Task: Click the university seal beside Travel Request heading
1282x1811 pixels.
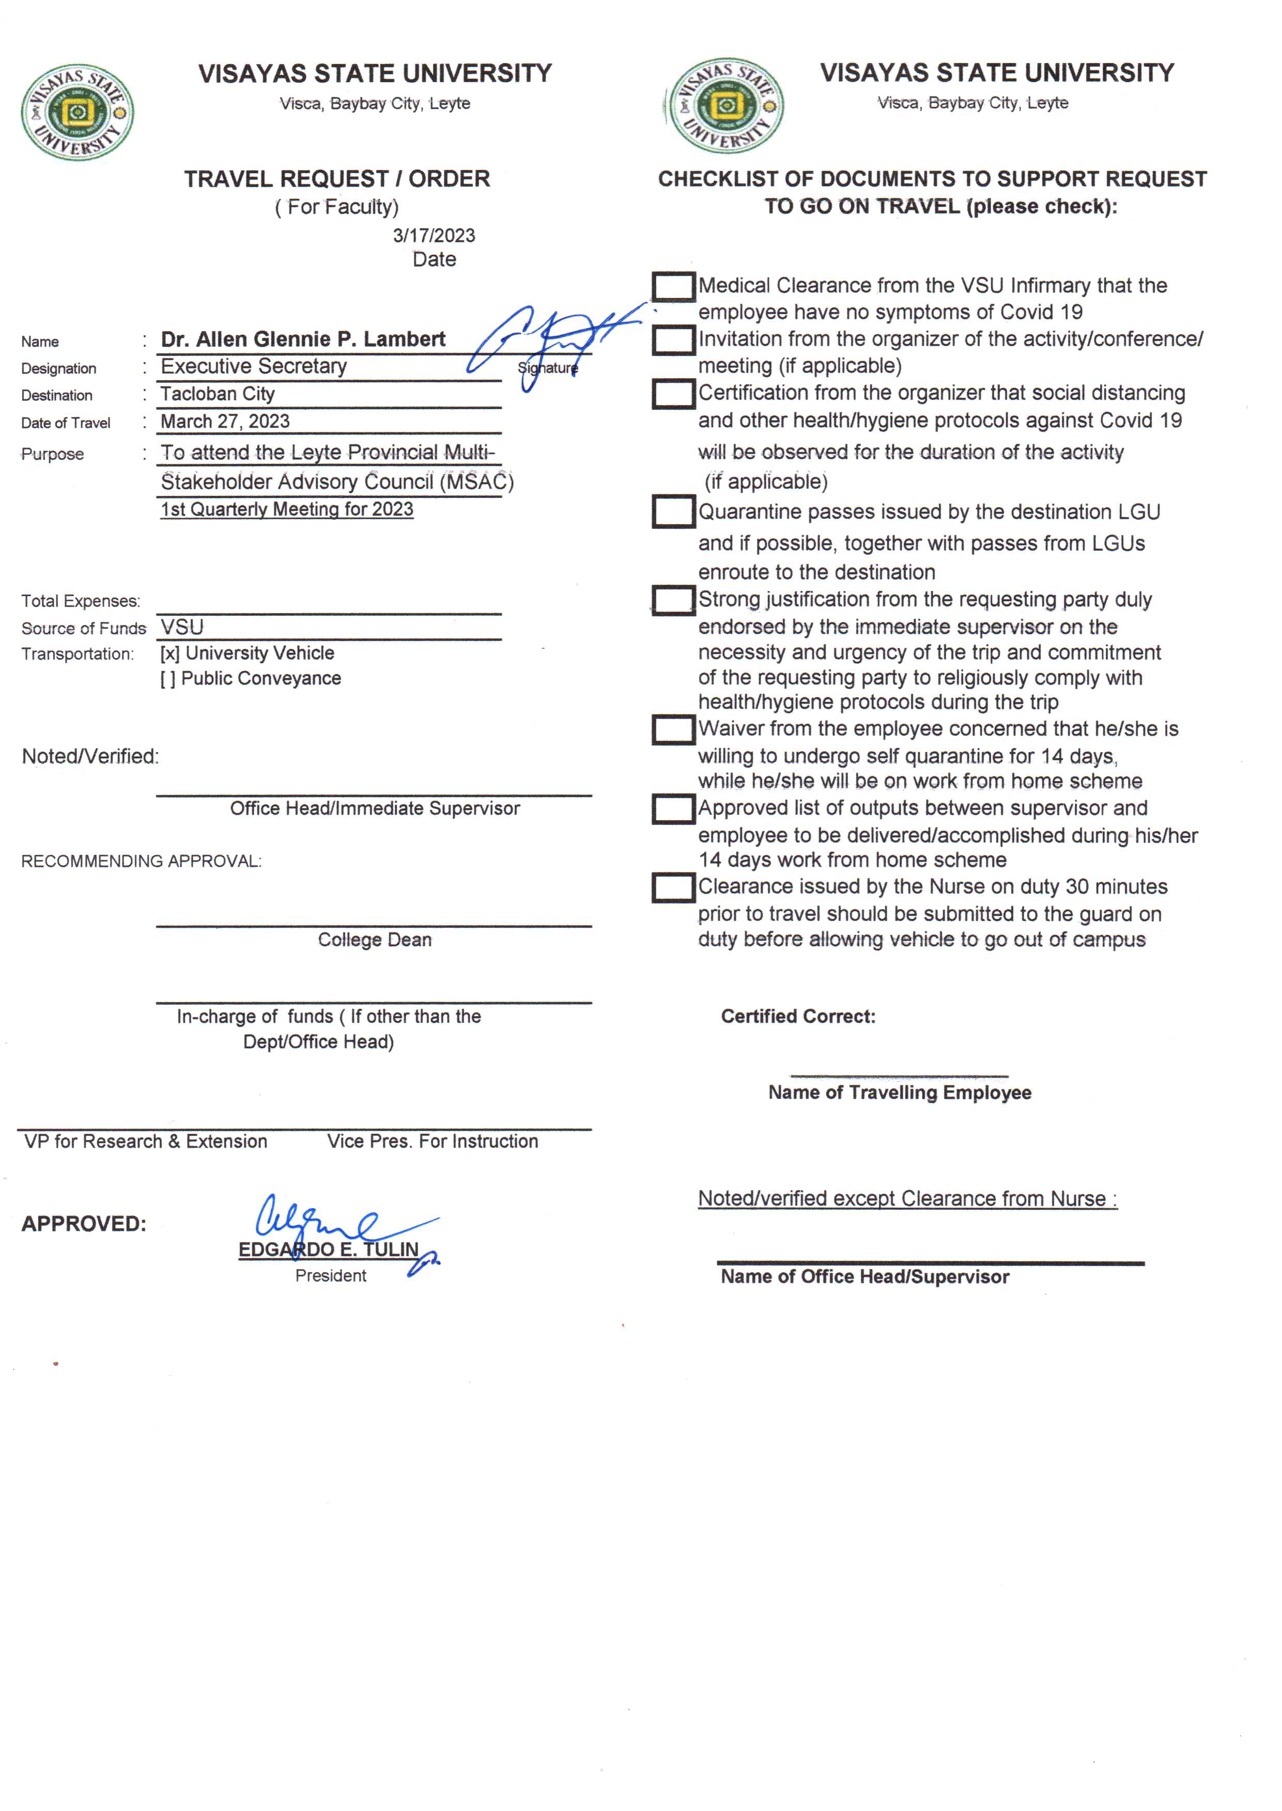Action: coord(78,112)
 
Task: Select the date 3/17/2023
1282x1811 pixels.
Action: coord(434,235)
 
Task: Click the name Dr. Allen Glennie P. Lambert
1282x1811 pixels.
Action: coord(303,339)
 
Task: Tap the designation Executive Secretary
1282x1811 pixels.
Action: coord(253,366)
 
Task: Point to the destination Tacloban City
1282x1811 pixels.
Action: coord(218,394)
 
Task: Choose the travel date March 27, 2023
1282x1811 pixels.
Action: coord(225,421)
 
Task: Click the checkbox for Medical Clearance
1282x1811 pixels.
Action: coord(673,287)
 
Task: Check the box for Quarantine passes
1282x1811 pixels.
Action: coord(673,511)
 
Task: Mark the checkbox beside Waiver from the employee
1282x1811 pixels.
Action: coord(673,729)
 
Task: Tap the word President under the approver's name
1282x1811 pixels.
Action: coord(331,1276)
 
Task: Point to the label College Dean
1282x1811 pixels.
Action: coord(375,940)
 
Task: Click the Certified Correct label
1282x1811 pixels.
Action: coord(798,1017)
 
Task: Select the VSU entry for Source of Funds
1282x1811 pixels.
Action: coord(182,627)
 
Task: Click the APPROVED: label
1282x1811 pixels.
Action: coord(84,1224)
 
